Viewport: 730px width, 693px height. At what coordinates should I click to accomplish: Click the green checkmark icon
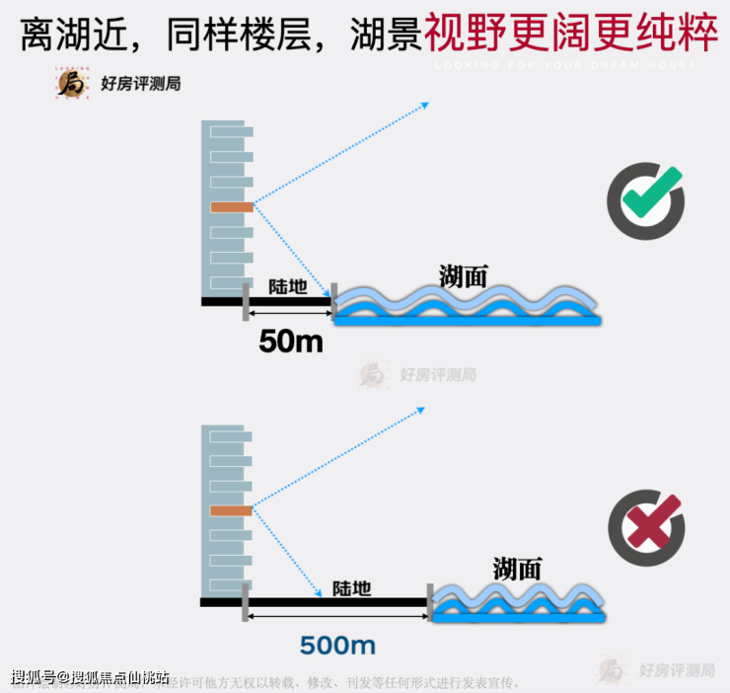click(x=645, y=200)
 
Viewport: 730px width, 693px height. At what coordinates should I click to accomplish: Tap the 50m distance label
click(x=290, y=341)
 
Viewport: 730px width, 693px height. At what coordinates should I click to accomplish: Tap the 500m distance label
click(x=337, y=646)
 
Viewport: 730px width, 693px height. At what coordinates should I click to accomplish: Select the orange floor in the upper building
click(x=232, y=207)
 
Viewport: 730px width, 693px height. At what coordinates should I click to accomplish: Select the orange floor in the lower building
click(x=232, y=510)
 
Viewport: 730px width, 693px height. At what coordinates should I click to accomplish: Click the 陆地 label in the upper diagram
click(x=288, y=287)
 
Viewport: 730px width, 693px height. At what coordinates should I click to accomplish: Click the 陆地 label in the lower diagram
click(x=351, y=588)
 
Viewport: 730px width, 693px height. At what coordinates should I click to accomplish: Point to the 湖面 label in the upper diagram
click(x=464, y=275)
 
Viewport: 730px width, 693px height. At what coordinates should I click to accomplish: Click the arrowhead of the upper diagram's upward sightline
click(x=424, y=105)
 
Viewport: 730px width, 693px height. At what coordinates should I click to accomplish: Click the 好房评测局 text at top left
click(x=140, y=84)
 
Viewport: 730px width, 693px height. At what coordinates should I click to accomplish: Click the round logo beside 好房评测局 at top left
click(x=72, y=84)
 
